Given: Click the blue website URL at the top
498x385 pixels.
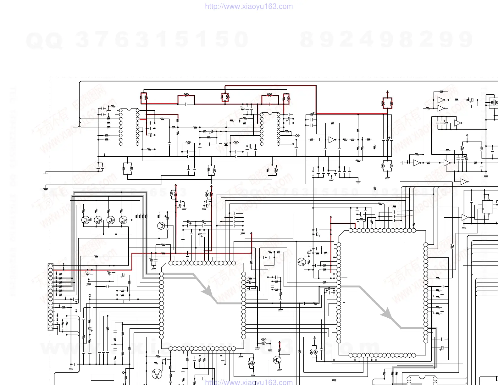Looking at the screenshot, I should coord(249,7).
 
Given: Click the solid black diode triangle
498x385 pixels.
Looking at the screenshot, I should coord(226,144).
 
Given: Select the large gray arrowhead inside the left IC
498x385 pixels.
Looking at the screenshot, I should coord(207,291).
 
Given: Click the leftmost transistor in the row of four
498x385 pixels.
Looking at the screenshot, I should coord(86,220).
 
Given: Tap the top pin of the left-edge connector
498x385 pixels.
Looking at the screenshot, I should coord(51,266).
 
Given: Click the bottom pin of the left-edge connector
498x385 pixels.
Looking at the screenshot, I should coord(51,328).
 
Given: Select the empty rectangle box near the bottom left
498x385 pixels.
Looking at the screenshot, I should coord(102,377).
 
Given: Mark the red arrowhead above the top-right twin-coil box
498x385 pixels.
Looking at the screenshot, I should coord(387,92).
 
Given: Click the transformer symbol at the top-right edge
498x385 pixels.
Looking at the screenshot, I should coord(493,103).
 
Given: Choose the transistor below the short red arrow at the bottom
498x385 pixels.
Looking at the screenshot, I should coord(277,360).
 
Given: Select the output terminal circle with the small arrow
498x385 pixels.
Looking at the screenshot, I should coord(296,136).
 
